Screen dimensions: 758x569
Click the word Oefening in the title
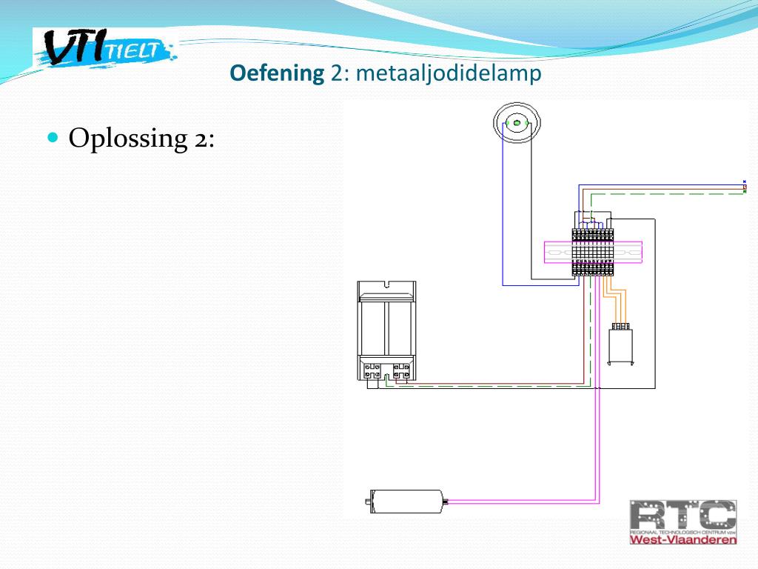coord(277,73)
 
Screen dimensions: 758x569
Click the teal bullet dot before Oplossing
coord(53,137)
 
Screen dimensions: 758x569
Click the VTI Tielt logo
coord(104,48)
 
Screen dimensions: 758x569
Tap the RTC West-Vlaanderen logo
coord(682,522)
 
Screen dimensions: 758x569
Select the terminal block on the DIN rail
coord(593,253)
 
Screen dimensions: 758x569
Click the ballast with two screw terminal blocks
coord(386,330)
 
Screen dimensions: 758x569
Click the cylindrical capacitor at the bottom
coord(406,502)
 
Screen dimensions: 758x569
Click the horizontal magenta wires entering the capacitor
coord(518,502)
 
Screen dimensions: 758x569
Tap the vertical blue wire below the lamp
coord(503,215)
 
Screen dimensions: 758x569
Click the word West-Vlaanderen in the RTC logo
coord(682,539)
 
